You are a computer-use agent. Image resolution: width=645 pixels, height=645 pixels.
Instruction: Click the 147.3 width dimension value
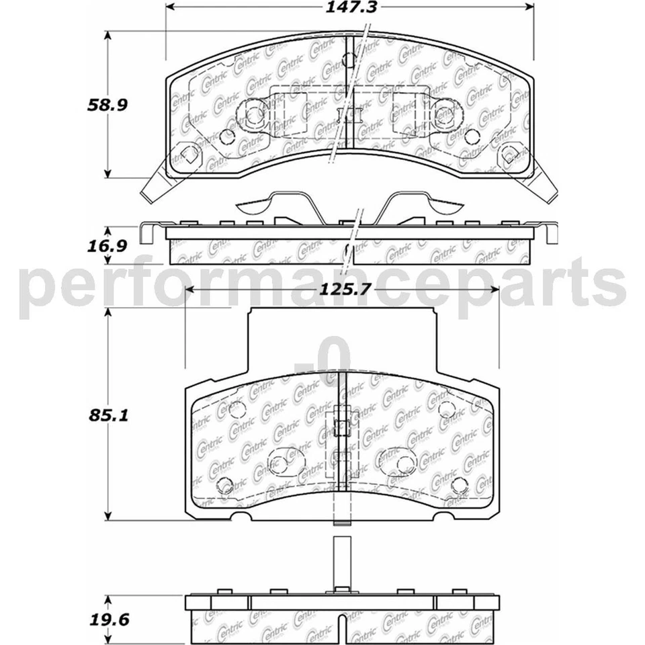click(x=349, y=8)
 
